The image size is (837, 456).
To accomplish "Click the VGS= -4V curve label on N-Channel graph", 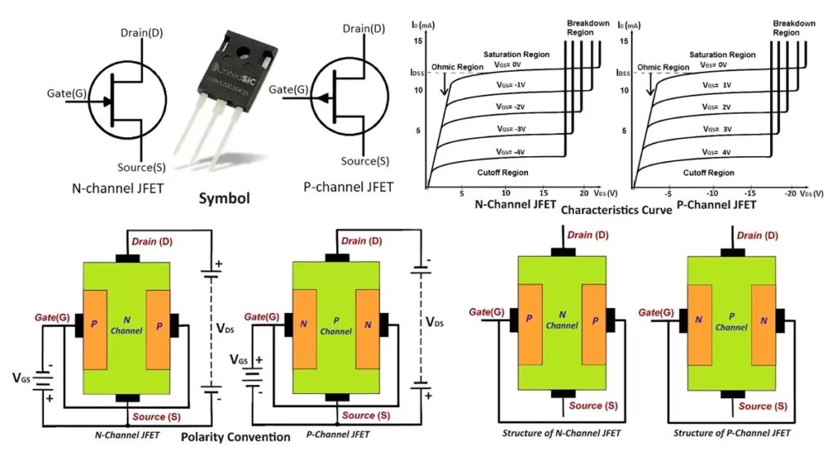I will pyautogui.click(x=515, y=152).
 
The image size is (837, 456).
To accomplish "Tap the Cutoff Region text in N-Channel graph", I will pyautogui.click(x=503, y=172).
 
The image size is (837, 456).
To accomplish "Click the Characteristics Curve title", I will pyautogui.click(x=617, y=210).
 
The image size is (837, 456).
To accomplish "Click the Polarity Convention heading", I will pyautogui.click(x=235, y=437).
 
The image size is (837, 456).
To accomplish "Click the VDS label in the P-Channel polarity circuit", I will pyautogui.click(x=436, y=323).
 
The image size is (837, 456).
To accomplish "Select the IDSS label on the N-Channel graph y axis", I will pyautogui.click(x=418, y=74).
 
